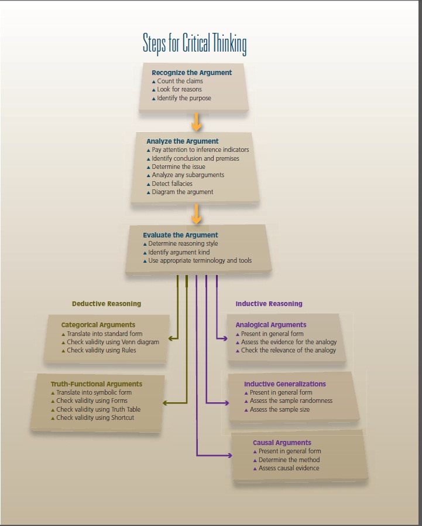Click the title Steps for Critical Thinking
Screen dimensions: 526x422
[194, 44]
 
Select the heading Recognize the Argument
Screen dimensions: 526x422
[191, 73]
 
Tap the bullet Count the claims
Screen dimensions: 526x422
[179, 81]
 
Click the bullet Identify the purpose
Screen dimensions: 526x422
[184, 98]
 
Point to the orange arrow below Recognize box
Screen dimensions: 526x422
[197, 121]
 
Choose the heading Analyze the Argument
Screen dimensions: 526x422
[182, 141]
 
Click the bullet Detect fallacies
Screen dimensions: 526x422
[172, 184]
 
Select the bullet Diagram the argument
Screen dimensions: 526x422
[182, 192]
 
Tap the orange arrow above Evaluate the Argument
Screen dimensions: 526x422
[197, 214]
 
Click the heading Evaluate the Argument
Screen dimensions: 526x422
[180, 235]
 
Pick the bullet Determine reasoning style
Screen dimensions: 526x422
[183, 243]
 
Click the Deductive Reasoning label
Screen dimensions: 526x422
[107, 304]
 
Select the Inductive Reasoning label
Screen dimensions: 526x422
[269, 304]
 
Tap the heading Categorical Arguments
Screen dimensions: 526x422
[98, 325]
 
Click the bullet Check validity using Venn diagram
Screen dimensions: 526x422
[112, 342]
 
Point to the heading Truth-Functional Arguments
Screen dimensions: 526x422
[96, 384]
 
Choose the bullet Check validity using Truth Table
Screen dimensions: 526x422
[98, 409]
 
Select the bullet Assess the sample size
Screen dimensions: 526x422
[280, 409]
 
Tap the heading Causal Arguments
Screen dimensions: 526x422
[282, 443]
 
